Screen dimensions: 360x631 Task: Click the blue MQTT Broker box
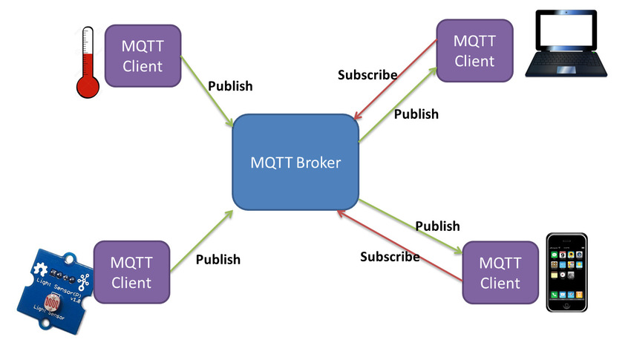[x=296, y=162]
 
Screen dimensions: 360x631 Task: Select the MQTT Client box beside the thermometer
[x=143, y=56]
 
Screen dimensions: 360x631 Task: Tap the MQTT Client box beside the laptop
[x=474, y=50]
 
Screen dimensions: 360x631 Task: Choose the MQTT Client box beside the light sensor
[x=130, y=272]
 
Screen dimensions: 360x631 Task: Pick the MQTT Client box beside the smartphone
[x=500, y=272]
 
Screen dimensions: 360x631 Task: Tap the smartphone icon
[x=566, y=272]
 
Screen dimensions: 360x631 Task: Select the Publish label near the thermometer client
[x=230, y=85]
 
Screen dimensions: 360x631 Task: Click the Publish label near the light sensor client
[x=218, y=259]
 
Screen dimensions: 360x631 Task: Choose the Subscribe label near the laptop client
[x=367, y=75]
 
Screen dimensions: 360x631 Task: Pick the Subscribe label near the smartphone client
[x=390, y=257]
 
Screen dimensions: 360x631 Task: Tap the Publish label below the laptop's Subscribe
[x=416, y=114]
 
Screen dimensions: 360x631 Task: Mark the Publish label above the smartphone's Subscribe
[x=437, y=226]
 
